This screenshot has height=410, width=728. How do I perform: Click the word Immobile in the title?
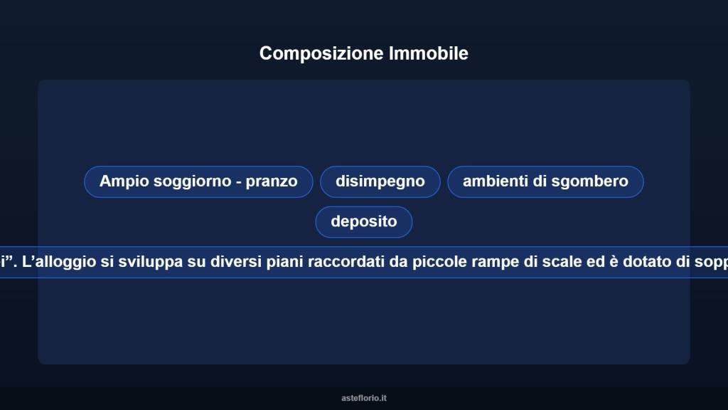click(429, 53)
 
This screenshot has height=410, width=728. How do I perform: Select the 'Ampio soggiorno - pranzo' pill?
click(198, 182)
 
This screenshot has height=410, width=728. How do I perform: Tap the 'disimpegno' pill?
click(380, 182)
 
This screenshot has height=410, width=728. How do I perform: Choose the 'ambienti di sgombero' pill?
click(545, 182)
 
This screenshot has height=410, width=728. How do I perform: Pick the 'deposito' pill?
click(363, 221)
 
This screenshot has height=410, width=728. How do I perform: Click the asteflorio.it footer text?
click(364, 398)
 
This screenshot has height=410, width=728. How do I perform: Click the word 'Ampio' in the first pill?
click(121, 182)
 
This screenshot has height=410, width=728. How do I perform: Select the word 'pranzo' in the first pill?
click(272, 182)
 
